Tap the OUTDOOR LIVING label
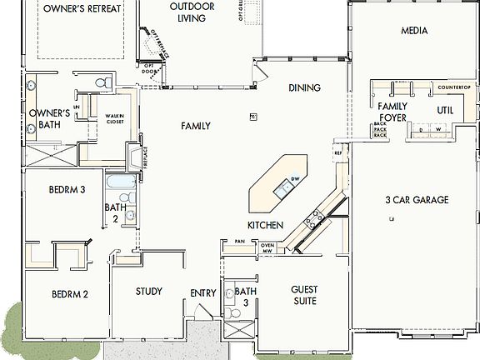(x=191, y=12)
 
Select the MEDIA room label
(x=414, y=31)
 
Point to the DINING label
(x=305, y=87)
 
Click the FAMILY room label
(x=196, y=126)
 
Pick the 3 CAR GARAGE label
(x=417, y=200)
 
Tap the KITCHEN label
(x=265, y=226)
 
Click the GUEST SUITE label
(x=304, y=295)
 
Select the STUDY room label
(x=148, y=292)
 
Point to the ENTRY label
(x=202, y=293)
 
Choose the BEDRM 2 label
(x=70, y=294)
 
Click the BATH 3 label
(x=245, y=297)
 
